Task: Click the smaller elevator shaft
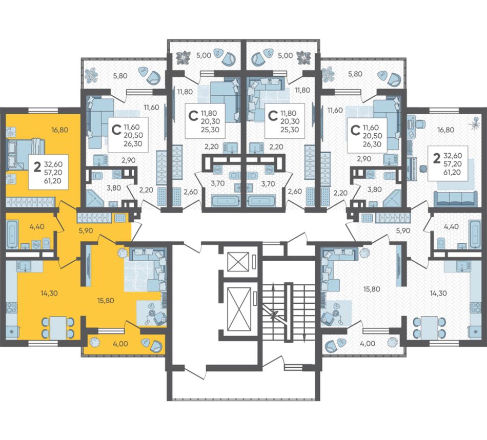coord(238,262)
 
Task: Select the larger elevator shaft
coord(239,309)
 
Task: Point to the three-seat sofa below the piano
coord(455,199)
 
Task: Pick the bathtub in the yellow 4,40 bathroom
coord(12,234)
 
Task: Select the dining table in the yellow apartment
coord(58,328)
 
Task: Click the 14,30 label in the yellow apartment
coord(49,293)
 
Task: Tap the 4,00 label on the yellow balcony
coord(120,344)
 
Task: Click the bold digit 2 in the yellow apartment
coord(37,167)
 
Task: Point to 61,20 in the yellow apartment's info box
coord(52,181)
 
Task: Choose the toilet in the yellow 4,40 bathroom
coord(46,243)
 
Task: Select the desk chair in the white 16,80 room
coord(421,123)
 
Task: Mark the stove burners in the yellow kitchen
coord(12,307)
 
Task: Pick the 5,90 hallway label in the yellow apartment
coord(86,231)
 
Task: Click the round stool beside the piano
coord(423,169)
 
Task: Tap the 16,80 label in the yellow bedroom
coord(59,130)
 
